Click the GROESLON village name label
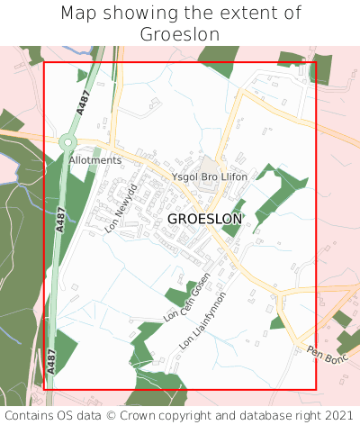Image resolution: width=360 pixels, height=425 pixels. [204, 219]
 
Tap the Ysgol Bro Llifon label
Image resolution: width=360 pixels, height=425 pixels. [209, 176]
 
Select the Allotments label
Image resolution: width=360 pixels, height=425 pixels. [95, 160]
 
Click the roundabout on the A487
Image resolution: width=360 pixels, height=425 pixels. [67, 142]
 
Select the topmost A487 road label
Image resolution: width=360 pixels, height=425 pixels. [83, 100]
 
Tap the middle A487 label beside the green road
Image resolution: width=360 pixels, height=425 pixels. [61, 221]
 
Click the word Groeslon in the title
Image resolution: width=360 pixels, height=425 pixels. [180, 34]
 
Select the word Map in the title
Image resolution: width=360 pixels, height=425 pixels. [79, 14]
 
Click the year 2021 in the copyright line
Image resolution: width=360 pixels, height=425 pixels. [340, 415]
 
